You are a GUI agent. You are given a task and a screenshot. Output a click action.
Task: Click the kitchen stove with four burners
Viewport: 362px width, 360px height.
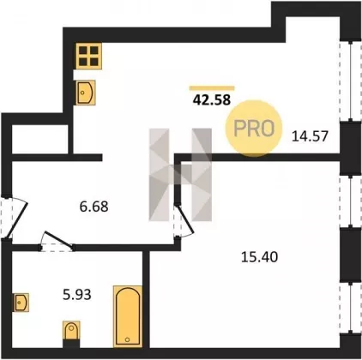click(88, 56)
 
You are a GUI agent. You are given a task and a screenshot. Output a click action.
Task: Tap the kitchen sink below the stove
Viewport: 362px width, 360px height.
click(86, 93)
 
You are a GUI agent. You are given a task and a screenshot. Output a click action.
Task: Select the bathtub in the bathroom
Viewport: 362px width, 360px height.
click(128, 316)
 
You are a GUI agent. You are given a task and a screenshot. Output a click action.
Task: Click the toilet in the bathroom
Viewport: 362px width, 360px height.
click(71, 331)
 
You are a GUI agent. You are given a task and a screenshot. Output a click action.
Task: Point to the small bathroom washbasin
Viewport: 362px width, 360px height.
click(21, 303)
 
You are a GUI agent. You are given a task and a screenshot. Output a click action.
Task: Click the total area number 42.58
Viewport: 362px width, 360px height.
click(212, 100)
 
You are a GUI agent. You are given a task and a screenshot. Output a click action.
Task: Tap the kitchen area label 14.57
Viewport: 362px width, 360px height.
click(310, 135)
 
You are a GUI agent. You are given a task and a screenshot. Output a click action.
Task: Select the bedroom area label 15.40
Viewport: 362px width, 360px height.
click(259, 257)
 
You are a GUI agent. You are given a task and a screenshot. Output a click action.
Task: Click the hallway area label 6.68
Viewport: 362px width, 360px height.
click(94, 207)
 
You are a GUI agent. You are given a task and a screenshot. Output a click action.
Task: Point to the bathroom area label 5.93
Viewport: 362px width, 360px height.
click(77, 294)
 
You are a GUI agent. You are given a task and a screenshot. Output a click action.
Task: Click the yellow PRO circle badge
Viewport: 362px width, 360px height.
click(254, 128)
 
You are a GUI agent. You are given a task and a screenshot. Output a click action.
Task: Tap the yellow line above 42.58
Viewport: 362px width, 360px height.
click(212, 88)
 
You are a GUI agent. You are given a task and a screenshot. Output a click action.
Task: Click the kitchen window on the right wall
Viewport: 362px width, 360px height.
click(351, 81)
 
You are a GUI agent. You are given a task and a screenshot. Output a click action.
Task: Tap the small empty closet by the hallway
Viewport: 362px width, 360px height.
click(40, 139)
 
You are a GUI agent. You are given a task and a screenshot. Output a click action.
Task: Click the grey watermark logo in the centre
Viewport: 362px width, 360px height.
click(180, 175)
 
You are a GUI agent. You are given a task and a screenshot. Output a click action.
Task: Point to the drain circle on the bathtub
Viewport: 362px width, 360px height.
click(128, 339)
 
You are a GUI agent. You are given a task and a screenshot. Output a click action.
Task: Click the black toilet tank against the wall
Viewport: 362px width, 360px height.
click(71, 344)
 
